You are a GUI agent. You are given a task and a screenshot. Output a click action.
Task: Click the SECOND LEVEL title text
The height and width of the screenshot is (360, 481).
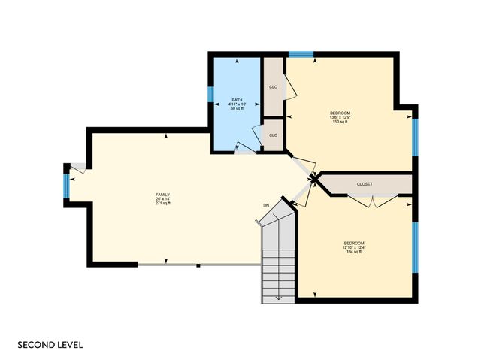tap(50, 345)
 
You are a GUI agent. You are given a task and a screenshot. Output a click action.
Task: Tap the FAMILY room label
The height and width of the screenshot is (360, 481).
tap(163, 195)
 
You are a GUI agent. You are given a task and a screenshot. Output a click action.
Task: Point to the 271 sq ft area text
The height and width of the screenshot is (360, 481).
tap(163, 204)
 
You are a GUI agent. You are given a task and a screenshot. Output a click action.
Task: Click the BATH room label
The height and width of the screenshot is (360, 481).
tap(237, 100)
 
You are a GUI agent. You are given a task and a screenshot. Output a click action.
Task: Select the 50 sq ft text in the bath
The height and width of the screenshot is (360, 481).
tap(237, 109)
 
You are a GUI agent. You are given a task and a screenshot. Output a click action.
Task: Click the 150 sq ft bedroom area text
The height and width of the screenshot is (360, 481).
tap(340, 122)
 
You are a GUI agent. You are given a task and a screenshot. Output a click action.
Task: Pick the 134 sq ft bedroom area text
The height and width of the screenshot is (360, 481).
tap(354, 252)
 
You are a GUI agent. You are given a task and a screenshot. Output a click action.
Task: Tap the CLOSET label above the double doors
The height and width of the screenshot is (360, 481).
tap(365, 183)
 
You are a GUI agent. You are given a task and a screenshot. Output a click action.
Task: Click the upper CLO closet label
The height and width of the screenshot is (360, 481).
tap(273, 86)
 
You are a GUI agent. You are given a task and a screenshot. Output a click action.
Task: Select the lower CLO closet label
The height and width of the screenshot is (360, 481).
tap(273, 135)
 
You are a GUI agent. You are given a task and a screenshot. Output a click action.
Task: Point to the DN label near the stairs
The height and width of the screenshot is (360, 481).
tap(266, 205)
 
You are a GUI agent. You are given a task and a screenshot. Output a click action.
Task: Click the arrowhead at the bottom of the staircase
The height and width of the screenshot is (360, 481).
tap(278, 298)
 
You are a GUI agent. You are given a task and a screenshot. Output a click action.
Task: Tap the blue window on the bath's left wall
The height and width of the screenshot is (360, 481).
tap(210, 94)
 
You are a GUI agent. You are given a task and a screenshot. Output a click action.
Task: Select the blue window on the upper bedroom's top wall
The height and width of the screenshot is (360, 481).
tap(301, 54)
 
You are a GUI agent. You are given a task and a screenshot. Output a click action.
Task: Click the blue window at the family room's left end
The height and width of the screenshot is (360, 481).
tap(66, 186)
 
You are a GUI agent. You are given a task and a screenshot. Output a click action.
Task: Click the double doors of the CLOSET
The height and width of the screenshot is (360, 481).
tap(374, 201)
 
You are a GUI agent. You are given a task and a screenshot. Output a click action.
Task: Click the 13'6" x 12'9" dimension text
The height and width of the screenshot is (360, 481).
tap(340, 117)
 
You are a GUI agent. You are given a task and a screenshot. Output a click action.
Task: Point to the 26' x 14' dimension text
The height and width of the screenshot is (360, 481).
tap(163, 199)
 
